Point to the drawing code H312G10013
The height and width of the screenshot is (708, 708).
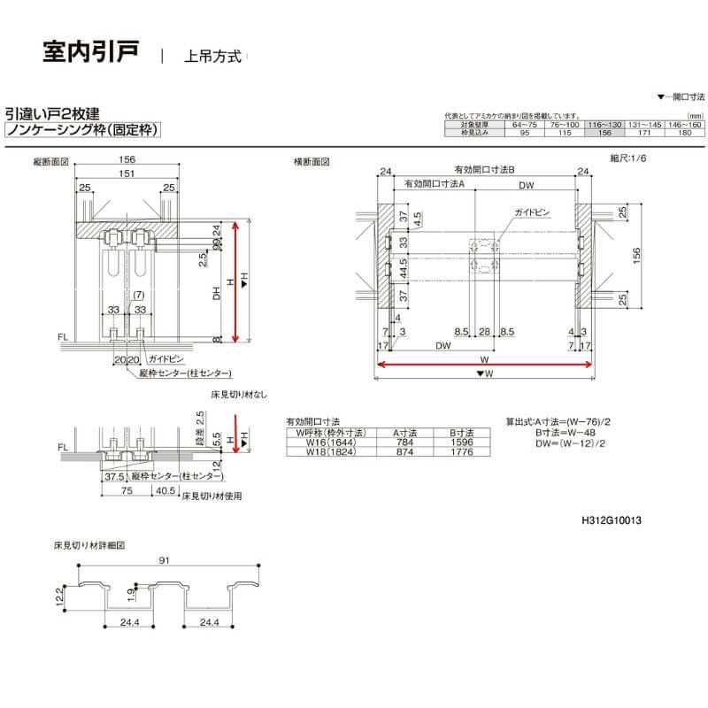tap(612, 521)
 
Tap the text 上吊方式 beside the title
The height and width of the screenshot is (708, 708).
tap(212, 56)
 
